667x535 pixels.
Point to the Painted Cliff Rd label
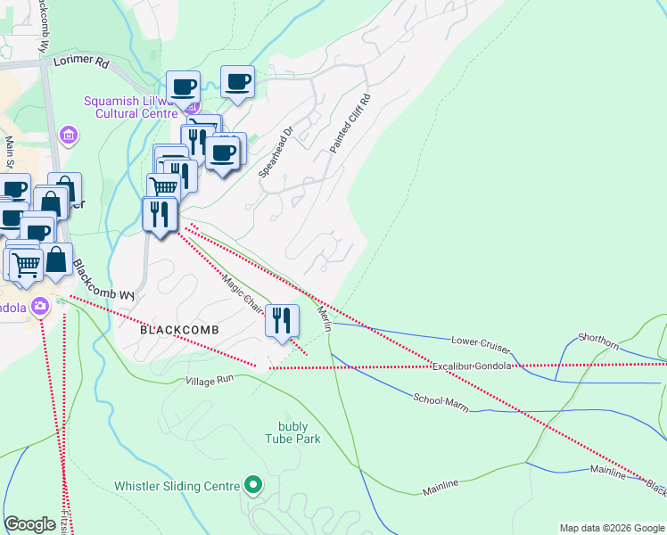pyautogui.click(x=348, y=123)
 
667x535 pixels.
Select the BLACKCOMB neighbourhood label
pyautogui.click(x=179, y=329)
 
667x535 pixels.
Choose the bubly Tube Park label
pyautogui.click(x=292, y=432)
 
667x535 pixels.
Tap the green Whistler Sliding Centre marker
pyautogui.click(x=254, y=486)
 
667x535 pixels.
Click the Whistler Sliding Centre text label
pyautogui.click(x=177, y=487)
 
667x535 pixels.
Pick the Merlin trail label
pyautogui.click(x=325, y=318)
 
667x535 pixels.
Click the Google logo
pyautogui.click(x=30, y=524)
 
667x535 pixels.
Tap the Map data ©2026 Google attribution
pyautogui.click(x=612, y=528)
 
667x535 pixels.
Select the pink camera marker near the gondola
pyautogui.click(x=39, y=308)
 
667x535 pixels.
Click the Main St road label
pyautogui.click(x=10, y=152)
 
